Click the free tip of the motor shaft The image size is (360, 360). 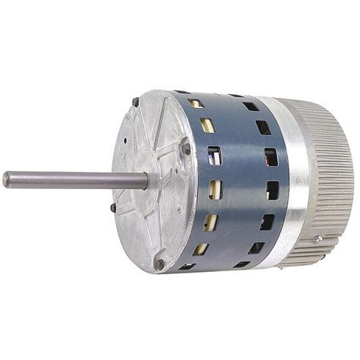pos(7,179)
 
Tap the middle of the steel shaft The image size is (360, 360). pos(76,180)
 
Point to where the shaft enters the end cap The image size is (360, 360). pos(146,181)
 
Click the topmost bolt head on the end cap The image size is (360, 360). pos(135,102)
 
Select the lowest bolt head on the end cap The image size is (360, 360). pos(159,264)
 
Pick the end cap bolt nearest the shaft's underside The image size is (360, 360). pos(113,207)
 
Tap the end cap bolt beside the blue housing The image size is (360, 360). pos(185,149)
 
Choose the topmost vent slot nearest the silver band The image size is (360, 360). pos(250,106)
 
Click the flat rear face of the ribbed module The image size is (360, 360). pos(346,175)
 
